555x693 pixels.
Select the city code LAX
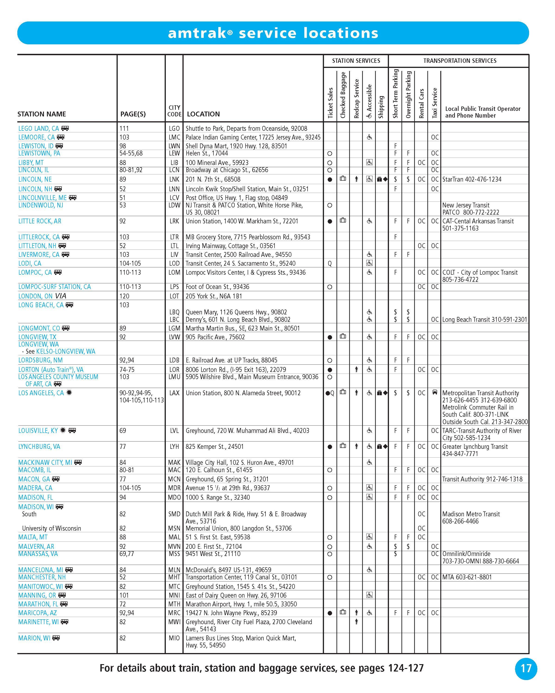(x=174, y=393)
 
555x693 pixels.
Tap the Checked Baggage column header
(x=343, y=95)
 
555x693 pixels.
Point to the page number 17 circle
(x=526, y=669)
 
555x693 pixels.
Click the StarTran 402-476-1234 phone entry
(x=472, y=179)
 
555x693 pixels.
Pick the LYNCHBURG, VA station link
(x=39, y=447)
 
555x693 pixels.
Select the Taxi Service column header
(x=435, y=103)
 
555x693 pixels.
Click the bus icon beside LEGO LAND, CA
(x=65, y=128)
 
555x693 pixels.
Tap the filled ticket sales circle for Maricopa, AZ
(x=330, y=613)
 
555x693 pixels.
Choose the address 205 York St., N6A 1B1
(x=214, y=296)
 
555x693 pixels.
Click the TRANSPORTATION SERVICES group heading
(x=459, y=61)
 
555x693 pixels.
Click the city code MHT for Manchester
(x=174, y=577)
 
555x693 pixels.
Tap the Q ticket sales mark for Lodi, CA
(x=330, y=264)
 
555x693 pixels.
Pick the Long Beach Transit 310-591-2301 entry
(x=484, y=319)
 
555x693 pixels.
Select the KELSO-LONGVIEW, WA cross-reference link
(x=66, y=351)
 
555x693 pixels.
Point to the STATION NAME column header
(x=42, y=114)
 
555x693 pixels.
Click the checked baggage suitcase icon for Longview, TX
(x=343, y=337)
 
